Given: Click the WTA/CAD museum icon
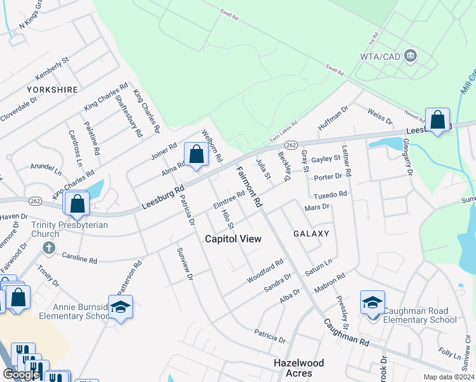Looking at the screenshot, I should (x=410, y=57).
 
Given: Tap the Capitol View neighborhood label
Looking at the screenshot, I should (x=233, y=239).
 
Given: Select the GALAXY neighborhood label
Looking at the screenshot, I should (x=311, y=234).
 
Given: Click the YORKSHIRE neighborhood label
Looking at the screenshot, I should (x=52, y=90).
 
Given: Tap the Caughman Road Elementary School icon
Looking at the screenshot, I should (x=372, y=302).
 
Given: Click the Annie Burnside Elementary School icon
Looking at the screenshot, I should (x=120, y=307).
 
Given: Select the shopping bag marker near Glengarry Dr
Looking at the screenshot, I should (x=438, y=120).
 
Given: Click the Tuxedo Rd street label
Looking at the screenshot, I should (x=330, y=195).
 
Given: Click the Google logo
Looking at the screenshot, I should (x=21, y=374).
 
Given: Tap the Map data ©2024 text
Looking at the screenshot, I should (x=449, y=377).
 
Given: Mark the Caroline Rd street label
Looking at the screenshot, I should (x=80, y=258).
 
